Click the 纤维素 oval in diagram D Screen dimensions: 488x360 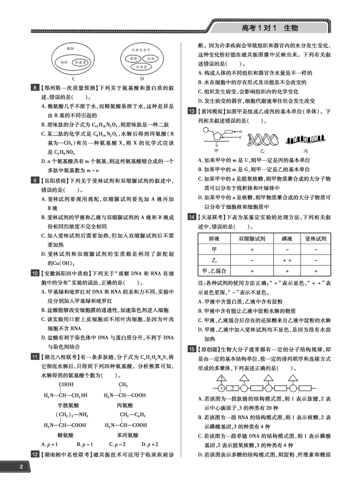pyautogui.click(x=142, y=68)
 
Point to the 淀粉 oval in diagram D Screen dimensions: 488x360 pyautogui.click(x=151, y=58)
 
